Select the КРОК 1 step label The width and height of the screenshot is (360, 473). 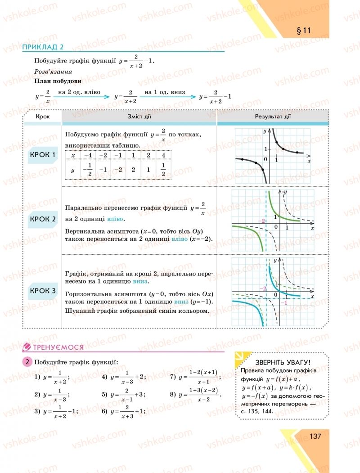coord(42,156)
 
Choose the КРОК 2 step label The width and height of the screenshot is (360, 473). coord(42,219)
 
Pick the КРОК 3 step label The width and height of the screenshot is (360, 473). coord(42,291)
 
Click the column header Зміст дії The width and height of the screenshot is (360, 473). coord(139,117)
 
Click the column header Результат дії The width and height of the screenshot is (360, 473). coord(273,117)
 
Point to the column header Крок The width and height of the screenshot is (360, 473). coord(43,117)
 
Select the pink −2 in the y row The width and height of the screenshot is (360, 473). coord(118,170)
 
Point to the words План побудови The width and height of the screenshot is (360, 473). coord(58,81)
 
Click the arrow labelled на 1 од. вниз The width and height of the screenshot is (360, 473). coord(170,96)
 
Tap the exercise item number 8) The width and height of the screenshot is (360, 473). coord(172,395)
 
